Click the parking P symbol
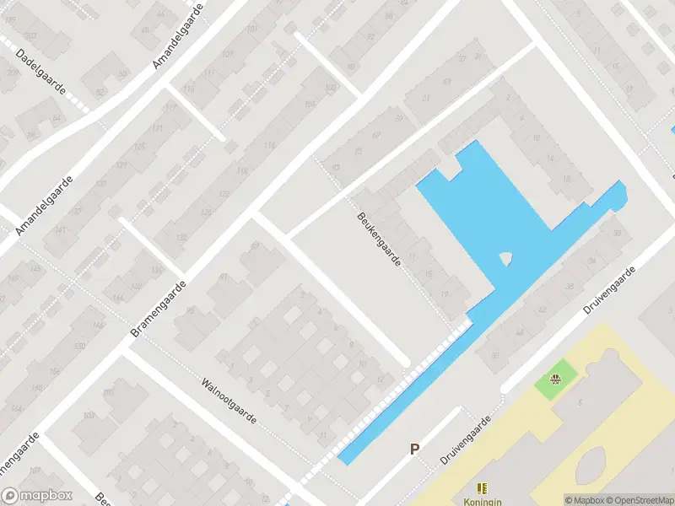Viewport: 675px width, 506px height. click(414, 449)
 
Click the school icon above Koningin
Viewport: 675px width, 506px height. click(482, 487)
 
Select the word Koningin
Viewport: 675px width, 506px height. click(482, 499)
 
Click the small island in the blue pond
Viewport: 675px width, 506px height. click(506, 259)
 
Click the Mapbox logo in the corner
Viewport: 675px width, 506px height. click(37, 496)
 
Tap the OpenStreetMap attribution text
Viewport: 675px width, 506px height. click(638, 500)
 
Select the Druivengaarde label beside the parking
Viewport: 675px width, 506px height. click(466, 440)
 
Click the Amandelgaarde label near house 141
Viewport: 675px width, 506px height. click(45, 205)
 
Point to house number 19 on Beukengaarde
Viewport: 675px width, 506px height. click(445, 293)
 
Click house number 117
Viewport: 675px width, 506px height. click(169, 108)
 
